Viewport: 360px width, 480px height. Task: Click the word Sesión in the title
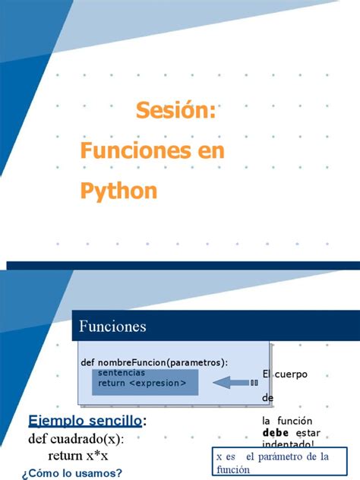click(176, 112)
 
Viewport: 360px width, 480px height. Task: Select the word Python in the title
click(118, 190)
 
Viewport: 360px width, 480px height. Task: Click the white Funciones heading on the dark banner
click(113, 327)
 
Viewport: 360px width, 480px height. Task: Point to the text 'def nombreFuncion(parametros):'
click(153, 362)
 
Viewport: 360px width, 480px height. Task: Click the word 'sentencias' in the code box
click(122, 374)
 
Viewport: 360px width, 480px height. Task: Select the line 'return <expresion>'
click(141, 384)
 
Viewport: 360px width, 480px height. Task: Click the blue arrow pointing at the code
click(234, 383)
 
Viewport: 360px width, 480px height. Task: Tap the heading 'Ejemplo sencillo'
click(85, 421)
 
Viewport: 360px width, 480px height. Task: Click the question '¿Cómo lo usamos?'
click(72, 473)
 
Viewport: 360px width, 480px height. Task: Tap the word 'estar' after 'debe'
click(308, 433)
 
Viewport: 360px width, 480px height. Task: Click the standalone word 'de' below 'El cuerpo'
click(267, 398)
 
